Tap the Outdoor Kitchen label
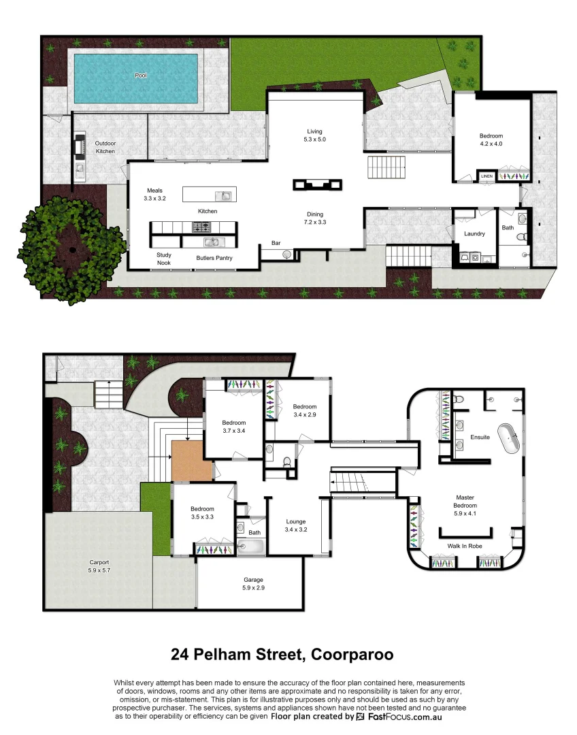(x=105, y=147)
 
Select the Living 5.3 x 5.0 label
(x=314, y=135)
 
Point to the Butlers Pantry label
(x=214, y=258)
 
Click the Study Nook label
(x=164, y=259)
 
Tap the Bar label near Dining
(x=276, y=242)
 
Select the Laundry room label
(x=474, y=233)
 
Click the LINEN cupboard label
(x=487, y=176)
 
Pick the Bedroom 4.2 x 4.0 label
(x=491, y=140)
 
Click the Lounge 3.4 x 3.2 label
(x=296, y=525)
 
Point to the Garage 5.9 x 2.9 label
(x=253, y=583)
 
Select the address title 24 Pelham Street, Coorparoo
(x=282, y=655)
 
